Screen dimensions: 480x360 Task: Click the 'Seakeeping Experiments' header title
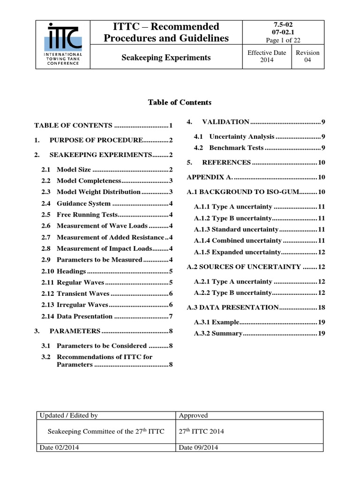[166, 58]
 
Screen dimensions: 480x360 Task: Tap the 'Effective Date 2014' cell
[267, 57]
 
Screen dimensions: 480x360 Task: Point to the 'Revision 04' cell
[307, 57]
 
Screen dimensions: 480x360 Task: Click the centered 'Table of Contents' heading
[180, 102]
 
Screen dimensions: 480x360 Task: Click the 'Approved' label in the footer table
[194, 415]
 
